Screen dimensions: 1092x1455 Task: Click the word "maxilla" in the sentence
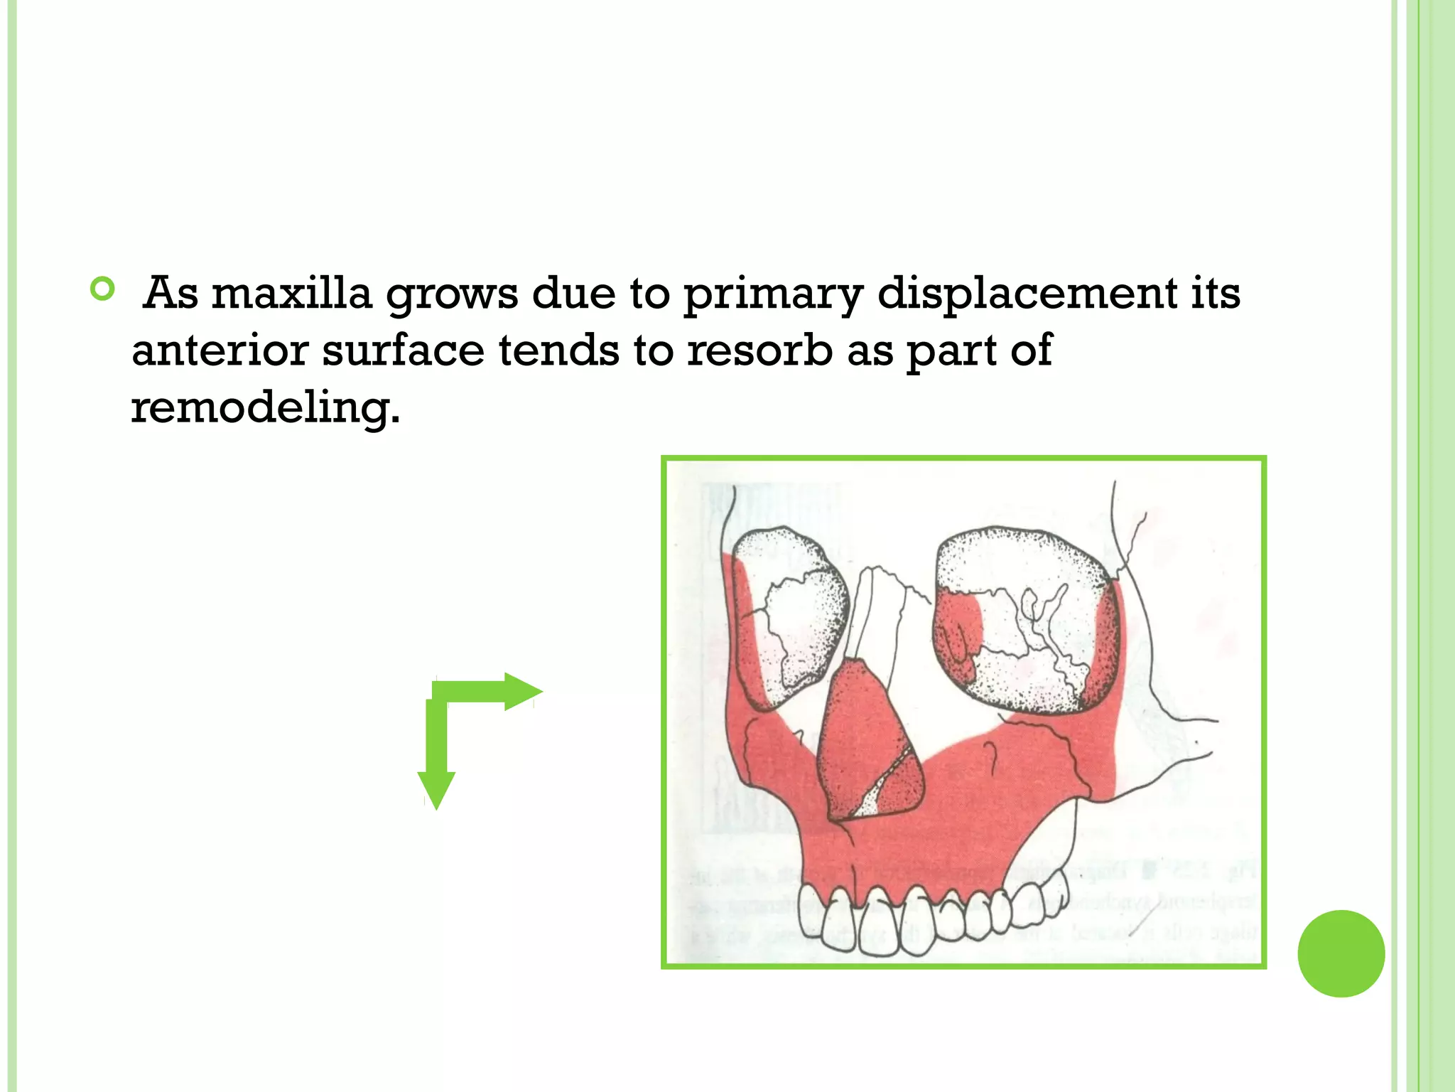291,293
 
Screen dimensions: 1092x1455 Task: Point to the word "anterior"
220,350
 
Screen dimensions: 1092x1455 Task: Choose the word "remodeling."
266,408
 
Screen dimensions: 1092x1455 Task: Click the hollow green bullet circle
103,289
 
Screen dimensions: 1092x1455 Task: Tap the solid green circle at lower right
1341,953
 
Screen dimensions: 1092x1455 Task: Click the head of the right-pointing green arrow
523,691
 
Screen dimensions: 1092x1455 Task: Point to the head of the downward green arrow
436,789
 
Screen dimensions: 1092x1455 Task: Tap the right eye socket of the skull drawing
1023,619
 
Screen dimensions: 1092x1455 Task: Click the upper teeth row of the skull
924,917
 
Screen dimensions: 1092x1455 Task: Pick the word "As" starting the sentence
171,293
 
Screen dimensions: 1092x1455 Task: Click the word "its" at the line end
1216,293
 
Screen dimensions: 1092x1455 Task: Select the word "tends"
558,350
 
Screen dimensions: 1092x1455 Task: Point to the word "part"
949,352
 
